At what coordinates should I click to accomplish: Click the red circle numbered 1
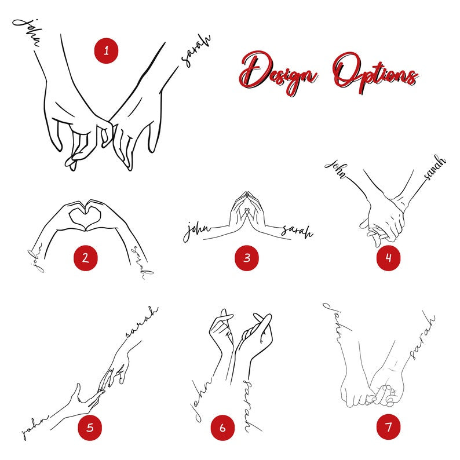106,51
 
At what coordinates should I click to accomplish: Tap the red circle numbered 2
85,258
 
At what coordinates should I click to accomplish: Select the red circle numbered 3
247,258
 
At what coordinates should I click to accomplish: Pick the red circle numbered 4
388,258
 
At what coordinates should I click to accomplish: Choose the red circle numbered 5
90,428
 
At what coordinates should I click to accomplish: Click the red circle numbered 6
222,428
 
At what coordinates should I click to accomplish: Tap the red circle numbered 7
388,427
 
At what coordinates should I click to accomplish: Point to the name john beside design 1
27,32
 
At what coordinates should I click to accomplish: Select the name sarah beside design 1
196,52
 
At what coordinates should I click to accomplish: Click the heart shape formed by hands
85,216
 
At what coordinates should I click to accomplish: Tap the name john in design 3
196,231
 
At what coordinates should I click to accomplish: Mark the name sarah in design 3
297,231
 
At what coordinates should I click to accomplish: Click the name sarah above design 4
435,167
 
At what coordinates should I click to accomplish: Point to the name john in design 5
35,428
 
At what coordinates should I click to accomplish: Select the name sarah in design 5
142,322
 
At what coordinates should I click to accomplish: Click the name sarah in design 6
250,406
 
